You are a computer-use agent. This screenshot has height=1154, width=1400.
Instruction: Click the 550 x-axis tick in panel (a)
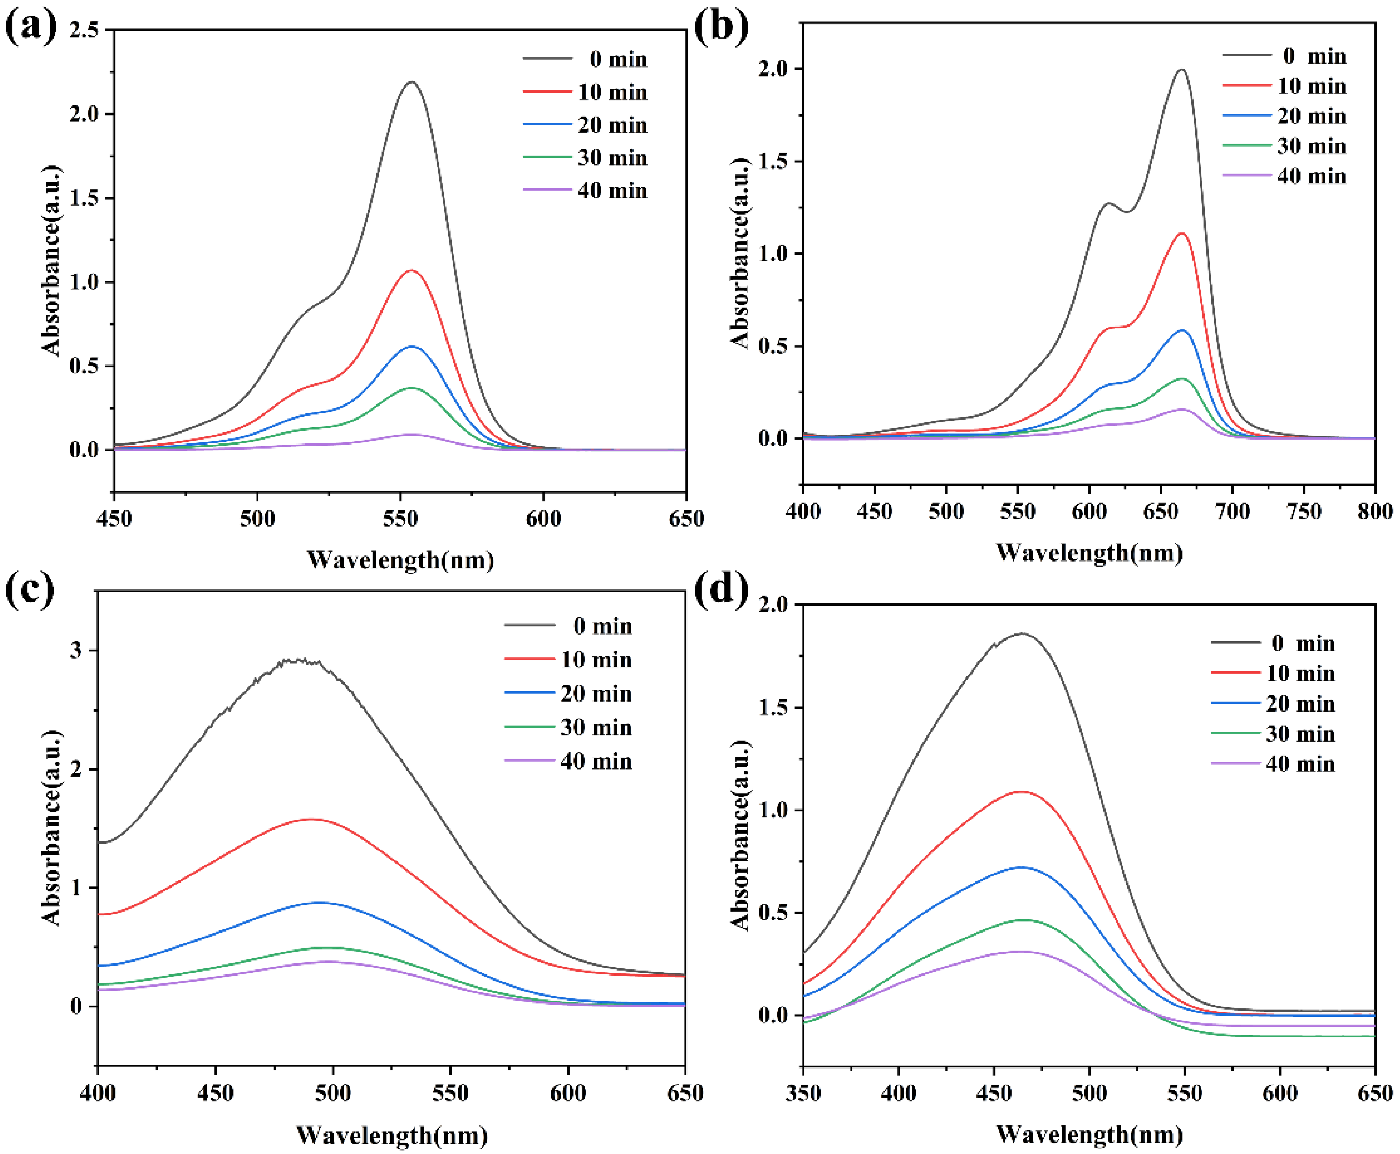pos(401,518)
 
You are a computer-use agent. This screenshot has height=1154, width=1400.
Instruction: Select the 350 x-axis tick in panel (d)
pos(803,1093)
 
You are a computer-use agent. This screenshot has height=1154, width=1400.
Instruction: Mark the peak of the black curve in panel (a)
pos(412,82)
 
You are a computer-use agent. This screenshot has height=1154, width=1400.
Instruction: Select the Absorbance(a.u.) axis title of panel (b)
pos(740,253)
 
